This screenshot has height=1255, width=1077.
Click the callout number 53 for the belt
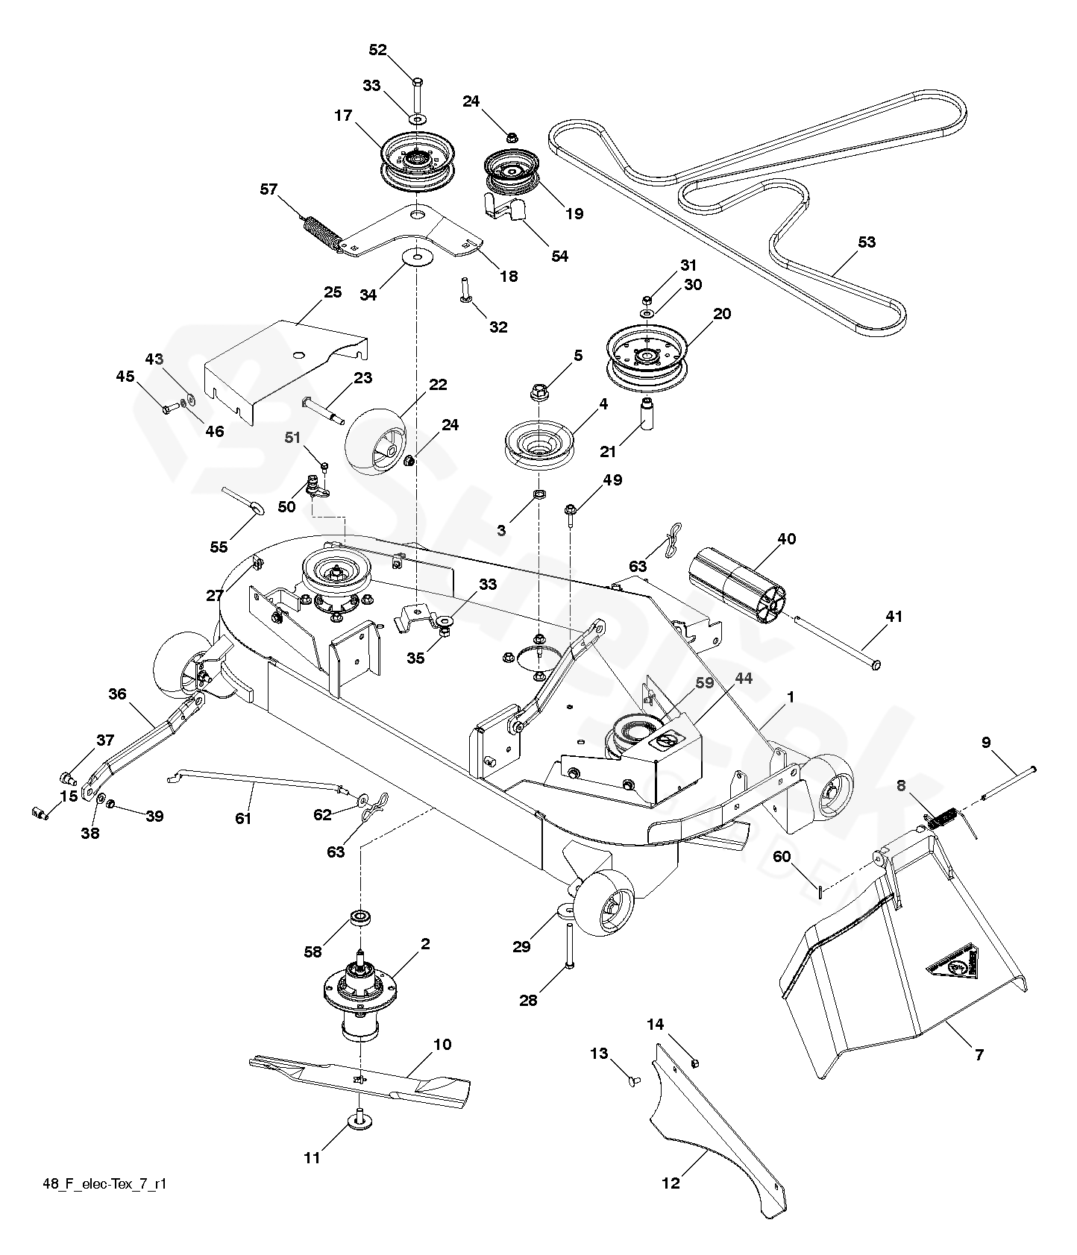pos(867,242)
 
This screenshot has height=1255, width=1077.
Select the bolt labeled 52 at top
pos(416,92)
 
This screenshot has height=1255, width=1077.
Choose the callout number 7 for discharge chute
pos(979,1054)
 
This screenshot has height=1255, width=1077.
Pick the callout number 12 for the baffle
pos(671,1183)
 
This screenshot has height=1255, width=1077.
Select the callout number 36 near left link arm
pos(117,694)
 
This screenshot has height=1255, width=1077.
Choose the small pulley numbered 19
pos(512,170)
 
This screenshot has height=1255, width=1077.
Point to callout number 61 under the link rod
pos(243,818)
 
